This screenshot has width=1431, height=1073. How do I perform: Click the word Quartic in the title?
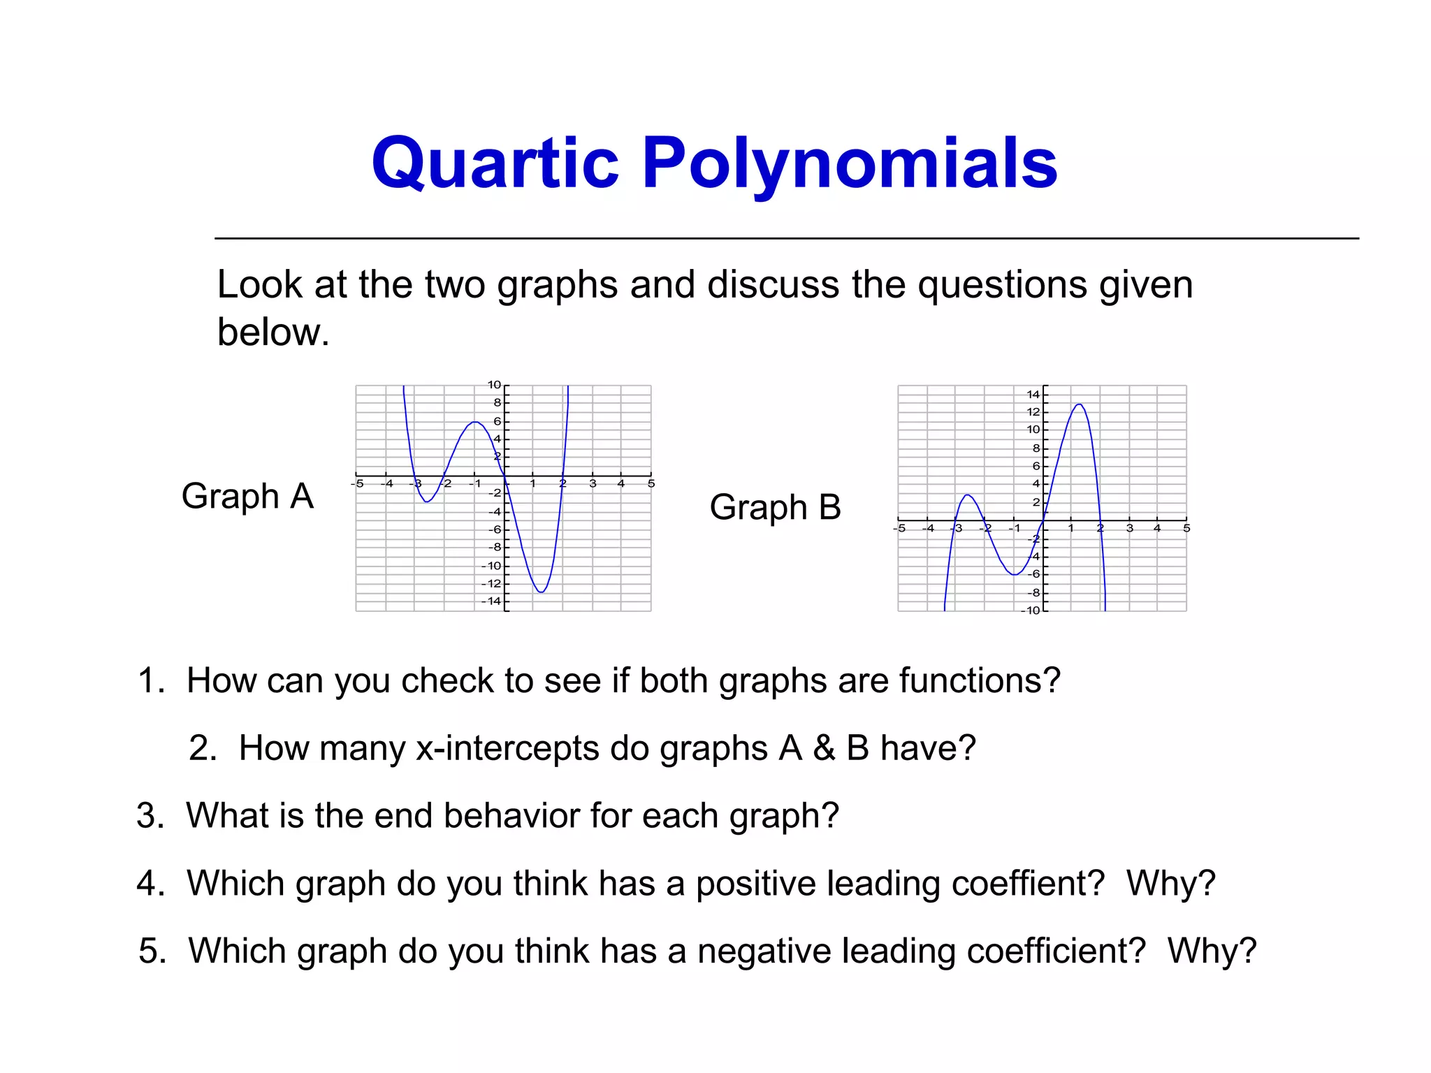point(495,163)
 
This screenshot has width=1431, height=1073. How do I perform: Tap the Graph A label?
point(247,497)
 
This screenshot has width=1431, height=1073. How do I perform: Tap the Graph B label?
point(775,507)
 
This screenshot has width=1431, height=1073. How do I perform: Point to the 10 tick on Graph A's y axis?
point(494,385)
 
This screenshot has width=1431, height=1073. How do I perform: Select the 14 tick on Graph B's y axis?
point(1033,395)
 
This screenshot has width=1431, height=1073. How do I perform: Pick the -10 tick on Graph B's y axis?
point(1031,611)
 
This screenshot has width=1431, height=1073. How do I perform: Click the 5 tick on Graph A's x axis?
point(651,483)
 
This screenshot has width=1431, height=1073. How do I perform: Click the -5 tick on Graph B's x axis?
point(900,528)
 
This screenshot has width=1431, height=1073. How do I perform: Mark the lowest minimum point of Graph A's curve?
point(542,592)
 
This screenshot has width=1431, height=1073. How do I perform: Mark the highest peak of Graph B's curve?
point(1080,404)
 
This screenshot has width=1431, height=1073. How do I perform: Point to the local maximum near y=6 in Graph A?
point(475,422)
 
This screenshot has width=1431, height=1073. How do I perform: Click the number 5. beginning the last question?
point(153,951)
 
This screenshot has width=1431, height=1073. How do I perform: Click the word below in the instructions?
point(273,332)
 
